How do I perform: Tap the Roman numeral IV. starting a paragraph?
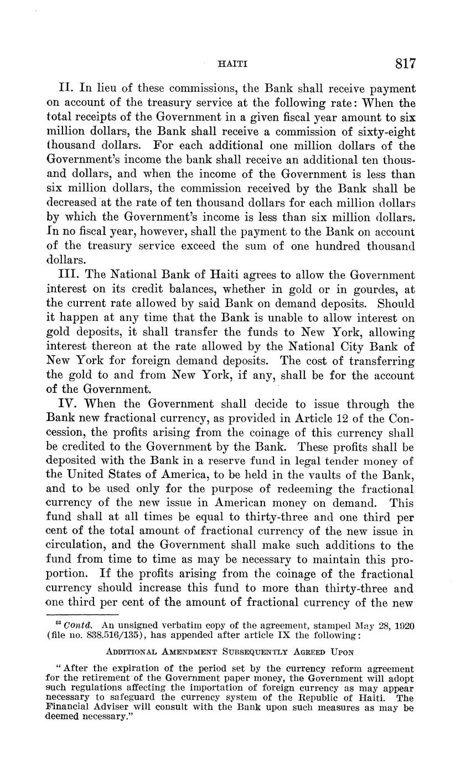(69, 404)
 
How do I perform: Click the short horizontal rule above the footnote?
(82, 614)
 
